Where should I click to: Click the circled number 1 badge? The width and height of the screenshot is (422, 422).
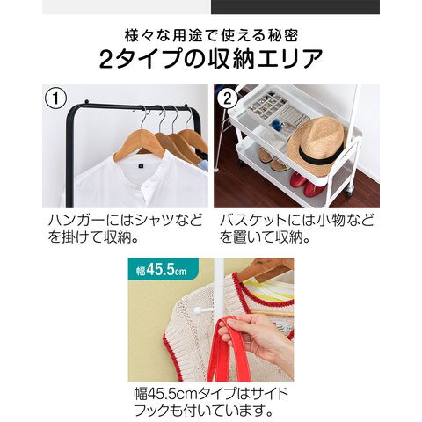point(55,98)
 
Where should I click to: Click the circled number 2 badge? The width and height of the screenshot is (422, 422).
point(228,98)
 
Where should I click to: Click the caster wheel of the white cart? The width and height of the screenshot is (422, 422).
point(348,191)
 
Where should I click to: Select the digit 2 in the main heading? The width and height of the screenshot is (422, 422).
point(106,59)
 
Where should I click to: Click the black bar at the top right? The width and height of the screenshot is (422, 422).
point(295,7)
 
